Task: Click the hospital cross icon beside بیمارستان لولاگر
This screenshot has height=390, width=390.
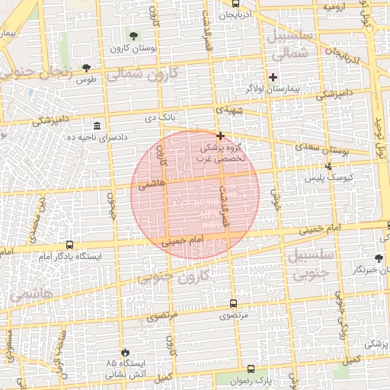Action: click(x=273, y=77)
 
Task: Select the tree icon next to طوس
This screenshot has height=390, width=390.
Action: click(x=86, y=67)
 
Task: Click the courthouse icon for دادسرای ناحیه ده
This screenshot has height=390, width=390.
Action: click(x=97, y=125)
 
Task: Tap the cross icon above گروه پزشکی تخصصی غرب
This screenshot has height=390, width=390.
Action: click(x=221, y=136)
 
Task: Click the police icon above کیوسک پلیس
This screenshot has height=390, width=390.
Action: click(x=328, y=165)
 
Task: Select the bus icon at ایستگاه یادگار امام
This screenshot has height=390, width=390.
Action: click(x=71, y=245)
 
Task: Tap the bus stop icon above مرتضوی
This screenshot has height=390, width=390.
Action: click(x=232, y=302)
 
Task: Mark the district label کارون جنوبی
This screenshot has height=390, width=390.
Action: click(x=182, y=278)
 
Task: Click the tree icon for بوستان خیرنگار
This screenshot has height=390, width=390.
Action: click(x=379, y=259)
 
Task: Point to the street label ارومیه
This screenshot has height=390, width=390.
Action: click(x=335, y=7)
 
